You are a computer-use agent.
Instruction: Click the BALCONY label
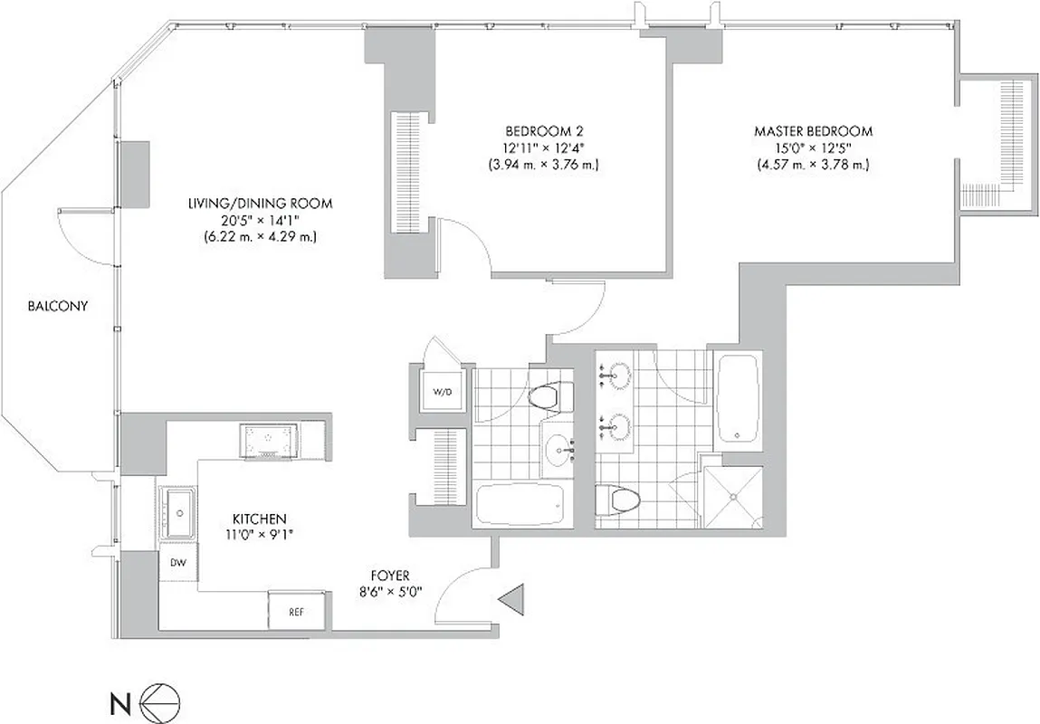click(57, 306)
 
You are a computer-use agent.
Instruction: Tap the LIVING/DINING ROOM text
click(260, 205)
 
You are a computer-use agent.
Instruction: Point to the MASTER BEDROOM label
click(813, 131)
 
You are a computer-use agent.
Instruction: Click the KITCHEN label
click(260, 519)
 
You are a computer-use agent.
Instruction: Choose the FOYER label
click(390, 576)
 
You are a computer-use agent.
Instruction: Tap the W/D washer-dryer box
click(441, 393)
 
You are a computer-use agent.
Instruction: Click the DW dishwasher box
click(177, 563)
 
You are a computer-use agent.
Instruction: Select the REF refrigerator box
click(296, 612)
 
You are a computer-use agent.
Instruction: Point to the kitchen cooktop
click(268, 441)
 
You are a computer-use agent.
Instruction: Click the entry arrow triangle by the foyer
click(511, 598)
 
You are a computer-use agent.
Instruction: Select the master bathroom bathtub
click(739, 399)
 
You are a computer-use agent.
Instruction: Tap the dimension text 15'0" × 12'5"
click(813, 148)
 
